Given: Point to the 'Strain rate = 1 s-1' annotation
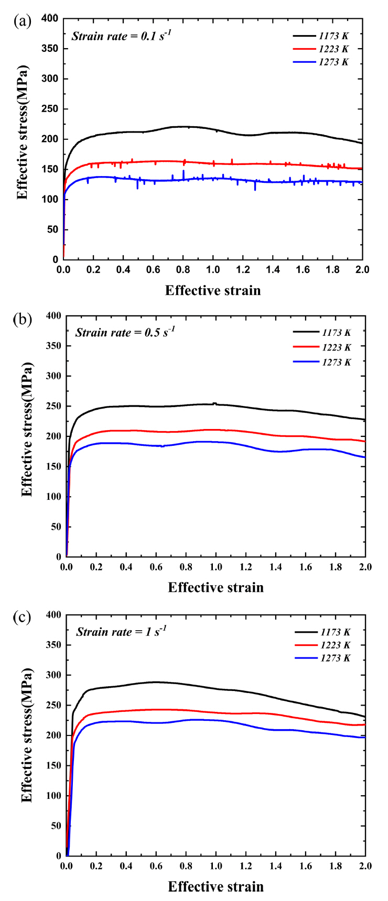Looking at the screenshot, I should point(121,631).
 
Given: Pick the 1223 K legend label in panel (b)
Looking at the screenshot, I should point(335,347).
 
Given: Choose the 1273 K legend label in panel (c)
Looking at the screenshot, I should point(335,658).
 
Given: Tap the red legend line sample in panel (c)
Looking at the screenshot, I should point(308,645).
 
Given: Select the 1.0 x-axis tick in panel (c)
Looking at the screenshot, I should point(215,866).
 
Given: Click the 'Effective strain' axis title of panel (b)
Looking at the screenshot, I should point(215,587).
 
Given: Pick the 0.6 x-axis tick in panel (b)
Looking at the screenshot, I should point(156,567).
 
